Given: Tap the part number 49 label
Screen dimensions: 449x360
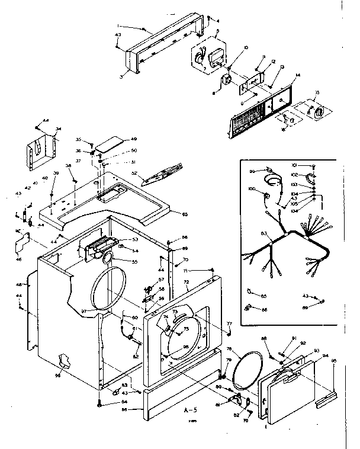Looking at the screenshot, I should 134,139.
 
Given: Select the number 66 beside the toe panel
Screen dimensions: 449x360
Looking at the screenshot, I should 125,409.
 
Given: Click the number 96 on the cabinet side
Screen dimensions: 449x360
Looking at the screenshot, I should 57,375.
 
